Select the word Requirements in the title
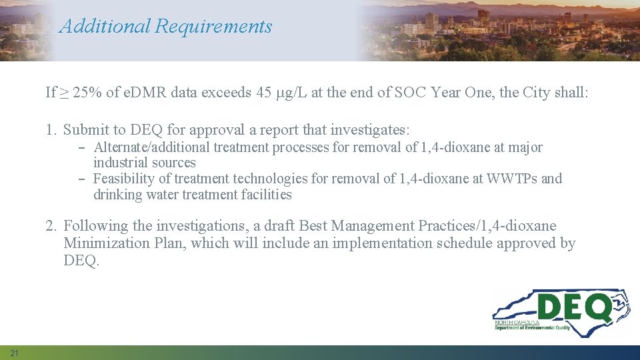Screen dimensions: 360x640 pos(213,27)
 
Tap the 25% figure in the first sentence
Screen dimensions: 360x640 pos(86,92)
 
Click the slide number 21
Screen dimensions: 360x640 pos(15,352)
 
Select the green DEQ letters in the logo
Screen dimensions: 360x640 pos(574,309)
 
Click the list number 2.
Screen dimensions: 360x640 pos(51,226)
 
